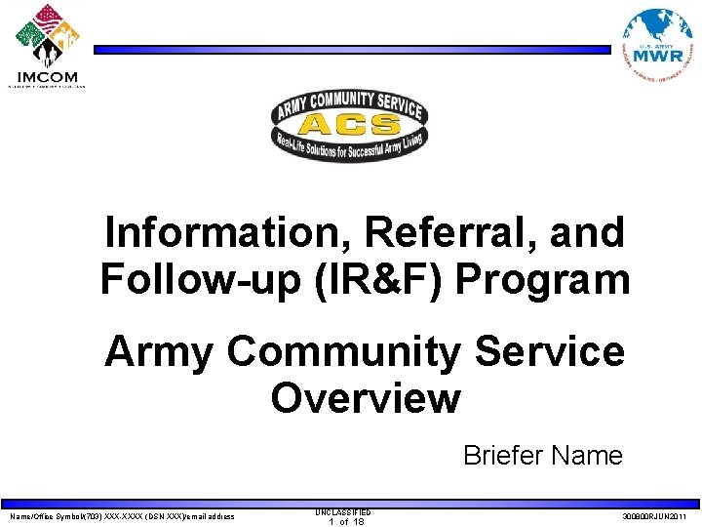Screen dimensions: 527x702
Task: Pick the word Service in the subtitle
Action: coord(548,351)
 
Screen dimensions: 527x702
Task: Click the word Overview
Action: coord(365,398)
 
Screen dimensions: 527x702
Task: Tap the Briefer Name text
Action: coord(542,456)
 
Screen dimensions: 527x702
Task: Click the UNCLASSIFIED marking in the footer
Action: coord(343,511)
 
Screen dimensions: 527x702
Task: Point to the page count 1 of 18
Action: coord(345,522)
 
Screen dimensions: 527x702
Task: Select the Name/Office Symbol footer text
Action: coord(122,516)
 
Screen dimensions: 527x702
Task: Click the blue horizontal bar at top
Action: coord(351,49)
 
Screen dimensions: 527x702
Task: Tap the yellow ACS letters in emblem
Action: coord(348,124)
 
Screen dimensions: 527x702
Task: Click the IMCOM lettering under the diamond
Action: coord(47,76)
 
